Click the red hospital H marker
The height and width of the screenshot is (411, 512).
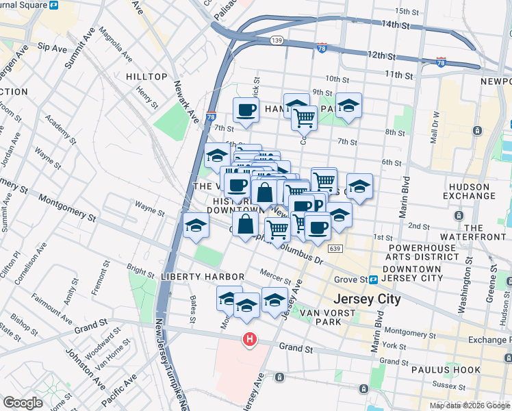250,339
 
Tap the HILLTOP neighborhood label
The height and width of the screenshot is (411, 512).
146,77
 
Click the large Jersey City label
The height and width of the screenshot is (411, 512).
366,300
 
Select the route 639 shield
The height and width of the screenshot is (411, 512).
335,249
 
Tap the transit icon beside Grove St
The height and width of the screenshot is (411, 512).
374,279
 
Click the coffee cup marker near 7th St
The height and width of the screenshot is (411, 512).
246,110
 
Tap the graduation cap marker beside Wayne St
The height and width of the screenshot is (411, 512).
195,225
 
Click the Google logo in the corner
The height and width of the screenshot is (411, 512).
23,403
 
